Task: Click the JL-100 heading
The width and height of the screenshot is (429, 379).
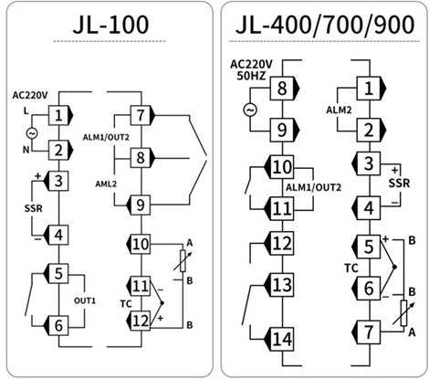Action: [x=110, y=25]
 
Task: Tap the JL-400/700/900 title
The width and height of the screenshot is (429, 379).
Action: [x=325, y=25]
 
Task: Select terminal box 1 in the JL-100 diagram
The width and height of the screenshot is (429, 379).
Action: [x=58, y=115]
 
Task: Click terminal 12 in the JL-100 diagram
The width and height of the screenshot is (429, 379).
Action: [x=141, y=321]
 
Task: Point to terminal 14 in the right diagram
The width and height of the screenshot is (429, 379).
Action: [x=282, y=339]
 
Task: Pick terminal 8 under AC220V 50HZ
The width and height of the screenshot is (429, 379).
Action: [x=282, y=89]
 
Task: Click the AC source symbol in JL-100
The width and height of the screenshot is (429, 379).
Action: [x=32, y=133]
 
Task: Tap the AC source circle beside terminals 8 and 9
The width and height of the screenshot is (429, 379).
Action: [x=250, y=110]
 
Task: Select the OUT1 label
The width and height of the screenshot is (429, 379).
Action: [x=85, y=300]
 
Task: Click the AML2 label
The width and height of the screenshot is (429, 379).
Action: [x=106, y=184]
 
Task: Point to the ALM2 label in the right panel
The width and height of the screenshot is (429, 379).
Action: [x=339, y=110]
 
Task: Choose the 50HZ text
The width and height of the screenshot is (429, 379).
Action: [x=251, y=76]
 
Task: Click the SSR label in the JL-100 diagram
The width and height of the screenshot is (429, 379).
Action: [x=34, y=208]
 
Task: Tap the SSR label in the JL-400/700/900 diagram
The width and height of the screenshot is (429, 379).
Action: [x=399, y=183]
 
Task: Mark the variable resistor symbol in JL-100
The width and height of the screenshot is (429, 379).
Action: [x=183, y=261]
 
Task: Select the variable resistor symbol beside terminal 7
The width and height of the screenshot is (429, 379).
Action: [x=403, y=313]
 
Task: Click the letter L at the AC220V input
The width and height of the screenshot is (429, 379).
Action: [x=26, y=111]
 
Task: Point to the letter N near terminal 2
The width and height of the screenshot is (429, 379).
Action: [x=26, y=150]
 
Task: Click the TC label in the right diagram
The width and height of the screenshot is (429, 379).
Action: [x=351, y=268]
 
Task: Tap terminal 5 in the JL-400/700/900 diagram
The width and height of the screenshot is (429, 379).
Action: [x=369, y=247]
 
